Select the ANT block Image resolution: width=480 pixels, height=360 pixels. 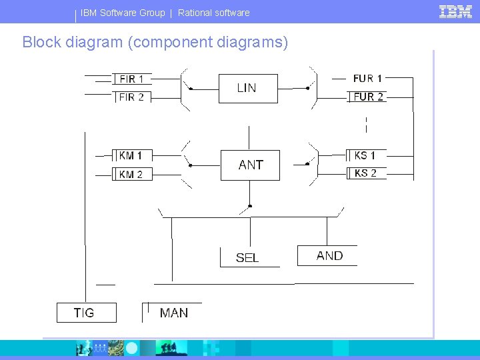pyautogui.click(x=250, y=165)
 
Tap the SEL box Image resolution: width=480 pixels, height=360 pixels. pyautogui.click(x=248, y=257)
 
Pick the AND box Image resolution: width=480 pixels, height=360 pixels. pyautogui.click(x=329, y=256)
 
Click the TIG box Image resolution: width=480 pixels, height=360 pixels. pyautogui.click(x=85, y=313)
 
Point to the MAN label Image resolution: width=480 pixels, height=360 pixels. pyautogui.click(x=173, y=313)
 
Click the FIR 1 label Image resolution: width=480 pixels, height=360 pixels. pyautogui.click(x=131, y=79)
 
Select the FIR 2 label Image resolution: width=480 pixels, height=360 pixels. pyautogui.click(x=131, y=97)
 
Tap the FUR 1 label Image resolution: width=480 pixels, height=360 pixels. pyautogui.click(x=367, y=79)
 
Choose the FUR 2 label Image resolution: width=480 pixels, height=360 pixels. pyautogui.click(x=367, y=97)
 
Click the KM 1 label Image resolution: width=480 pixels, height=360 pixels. pyautogui.click(x=131, y=155)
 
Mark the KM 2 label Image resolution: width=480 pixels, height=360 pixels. pyautogui.click(x=131, y=174)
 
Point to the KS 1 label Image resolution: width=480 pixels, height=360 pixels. pyautogui.click(x=365, y=155)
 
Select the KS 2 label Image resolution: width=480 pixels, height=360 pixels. pyautogui.click(x=365, y=173)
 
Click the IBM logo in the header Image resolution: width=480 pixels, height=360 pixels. pyautogui.click(x=455, y=11)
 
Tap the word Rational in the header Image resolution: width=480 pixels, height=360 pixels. pyautogui.click(x=197, y=13)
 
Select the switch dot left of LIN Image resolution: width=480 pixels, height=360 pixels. pyautogui.click(x=190, y=88)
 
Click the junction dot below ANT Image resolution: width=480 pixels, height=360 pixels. pyautogui.click(x=250, y=205)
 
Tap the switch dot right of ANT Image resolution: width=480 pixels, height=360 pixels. pyautogui.click(x=307, y=163)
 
